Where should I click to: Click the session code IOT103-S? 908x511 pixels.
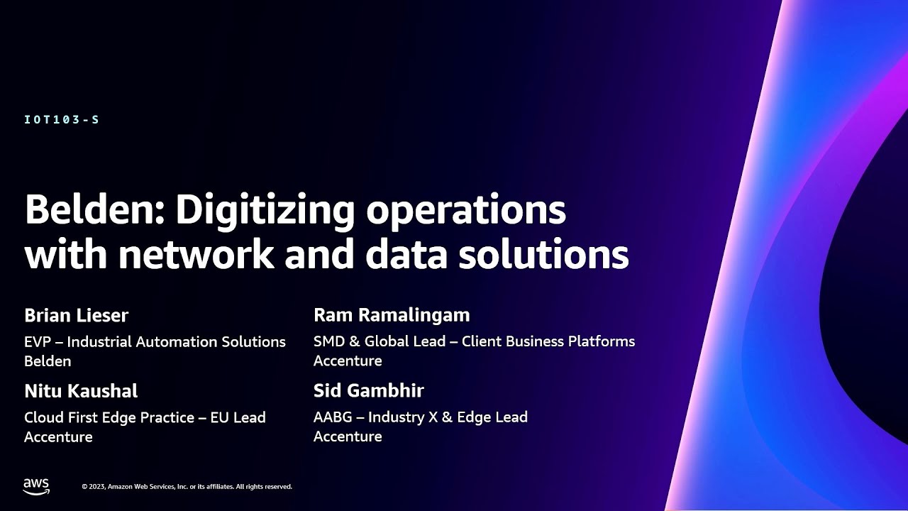pyautogui.click(x=62, y=120)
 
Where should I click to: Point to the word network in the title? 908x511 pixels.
pyautogui.click(x=196, y=254)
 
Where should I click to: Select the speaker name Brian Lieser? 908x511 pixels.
pyautogui.click(x=76, y=315)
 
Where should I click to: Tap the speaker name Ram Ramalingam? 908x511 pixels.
pyautogui.click(x=392, y=314)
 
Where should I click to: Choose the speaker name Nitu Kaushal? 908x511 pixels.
pyautogui.click(x=81, y=391)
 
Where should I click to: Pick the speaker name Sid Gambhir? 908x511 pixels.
pyautogui.click(x=368, y=390)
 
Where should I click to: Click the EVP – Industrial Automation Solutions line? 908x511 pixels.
pyautogui.click(x=155, y=342)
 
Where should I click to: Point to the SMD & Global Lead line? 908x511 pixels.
pyautogui.click(x=474, y=341)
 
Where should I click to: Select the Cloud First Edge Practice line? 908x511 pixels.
pyautogui.click(x=145, y=418)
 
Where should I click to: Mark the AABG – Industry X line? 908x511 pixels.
pyautogui.click(x=420, y=417)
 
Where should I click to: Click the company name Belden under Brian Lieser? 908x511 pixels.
pyautogui.click(x=48, y=361)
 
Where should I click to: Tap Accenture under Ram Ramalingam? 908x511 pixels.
pyautogui.click(x=348, y=361)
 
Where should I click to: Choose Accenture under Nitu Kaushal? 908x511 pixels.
pyautogui.click(x=58, y=437)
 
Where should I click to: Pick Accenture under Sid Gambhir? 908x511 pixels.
pyautogui.click(x=348, y=436)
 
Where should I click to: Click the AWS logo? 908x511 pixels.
pyautogui.click(x=36, y=486)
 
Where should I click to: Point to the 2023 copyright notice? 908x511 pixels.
pyautogui.click(x=187, y=487)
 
